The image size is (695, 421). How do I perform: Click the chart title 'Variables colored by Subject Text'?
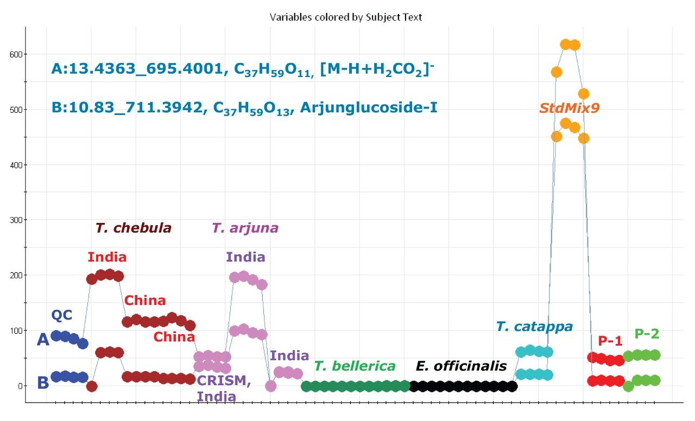[346, 17]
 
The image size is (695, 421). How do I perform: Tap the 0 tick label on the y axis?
[20, 386]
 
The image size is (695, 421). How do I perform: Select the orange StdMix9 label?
[569, 108]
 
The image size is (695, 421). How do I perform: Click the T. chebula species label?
[133, 228]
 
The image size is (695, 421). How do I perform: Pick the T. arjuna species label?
[245, 228]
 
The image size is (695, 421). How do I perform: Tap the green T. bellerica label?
[355, 366]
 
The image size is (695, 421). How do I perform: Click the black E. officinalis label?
[461, 366]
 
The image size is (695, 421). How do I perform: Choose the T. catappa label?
[534, 327]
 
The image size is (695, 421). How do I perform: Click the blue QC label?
[61, 315]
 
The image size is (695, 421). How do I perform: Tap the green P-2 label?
[647, 334]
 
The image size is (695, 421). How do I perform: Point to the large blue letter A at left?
[43, 340]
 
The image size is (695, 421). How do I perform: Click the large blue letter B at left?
[43, 384]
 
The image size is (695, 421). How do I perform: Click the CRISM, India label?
[223, 388]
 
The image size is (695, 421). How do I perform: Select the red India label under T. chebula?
[107, 257]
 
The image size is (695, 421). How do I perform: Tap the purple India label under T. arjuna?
[245, 257]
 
